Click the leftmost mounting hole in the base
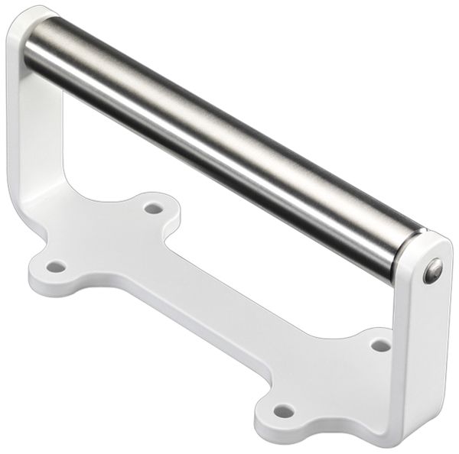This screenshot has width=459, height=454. click(x=56, y=267)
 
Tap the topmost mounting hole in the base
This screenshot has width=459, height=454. click(x=153, y=208)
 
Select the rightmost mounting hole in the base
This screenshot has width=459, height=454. click(x=380, y=345)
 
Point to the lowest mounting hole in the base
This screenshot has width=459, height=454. click(x=284, y=411)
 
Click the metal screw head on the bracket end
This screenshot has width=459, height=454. click(x=433, y=271)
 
